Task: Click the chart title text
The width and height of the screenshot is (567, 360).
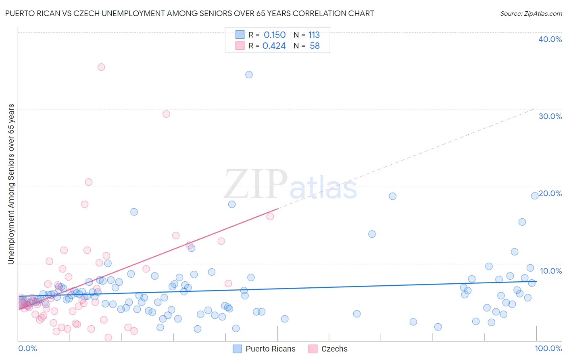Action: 190,13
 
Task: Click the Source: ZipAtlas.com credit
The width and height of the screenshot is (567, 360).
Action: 531,13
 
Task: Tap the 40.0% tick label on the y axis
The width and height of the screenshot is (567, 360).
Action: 550,39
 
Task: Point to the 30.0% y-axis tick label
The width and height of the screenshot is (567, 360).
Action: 550,116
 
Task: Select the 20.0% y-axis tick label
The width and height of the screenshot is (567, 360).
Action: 550,193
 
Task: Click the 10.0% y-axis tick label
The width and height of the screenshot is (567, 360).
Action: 551,271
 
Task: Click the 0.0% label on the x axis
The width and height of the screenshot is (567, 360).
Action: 27,348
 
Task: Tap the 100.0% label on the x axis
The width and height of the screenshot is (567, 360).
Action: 548,348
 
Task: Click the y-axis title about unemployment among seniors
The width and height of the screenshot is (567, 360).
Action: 11,184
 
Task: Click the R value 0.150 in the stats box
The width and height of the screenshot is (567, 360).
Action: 275,35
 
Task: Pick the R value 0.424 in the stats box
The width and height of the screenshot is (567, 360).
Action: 274,46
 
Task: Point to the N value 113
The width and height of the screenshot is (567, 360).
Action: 314,35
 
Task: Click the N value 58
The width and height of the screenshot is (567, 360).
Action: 315,46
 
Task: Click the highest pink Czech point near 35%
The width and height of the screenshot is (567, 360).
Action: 101,67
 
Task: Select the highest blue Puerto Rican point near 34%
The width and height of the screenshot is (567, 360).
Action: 249,75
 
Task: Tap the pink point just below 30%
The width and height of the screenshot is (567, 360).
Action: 166,114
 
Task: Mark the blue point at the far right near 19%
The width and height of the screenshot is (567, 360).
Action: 535,196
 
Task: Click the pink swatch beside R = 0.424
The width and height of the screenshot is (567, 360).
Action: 240,46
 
